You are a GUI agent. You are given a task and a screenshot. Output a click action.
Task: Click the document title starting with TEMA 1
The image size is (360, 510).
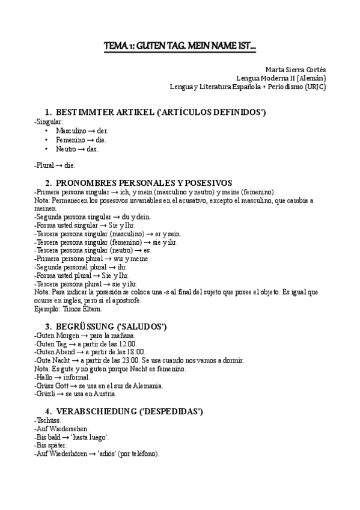tap(180, 46)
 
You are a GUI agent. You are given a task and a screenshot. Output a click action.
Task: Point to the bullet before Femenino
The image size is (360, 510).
tap(47, 140)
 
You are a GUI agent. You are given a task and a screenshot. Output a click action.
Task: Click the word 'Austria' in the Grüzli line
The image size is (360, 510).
tap(105, 394)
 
